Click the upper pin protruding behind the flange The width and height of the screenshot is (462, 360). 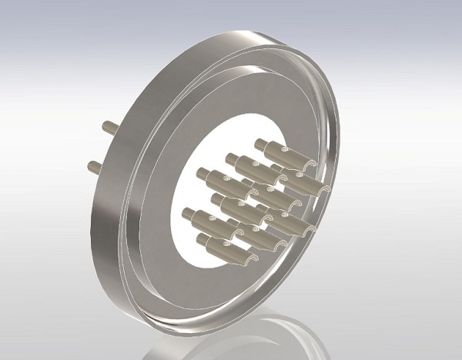[109, 128]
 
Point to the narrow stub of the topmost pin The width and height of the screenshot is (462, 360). [261, 144]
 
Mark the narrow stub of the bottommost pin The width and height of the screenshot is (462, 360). [204, 240]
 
